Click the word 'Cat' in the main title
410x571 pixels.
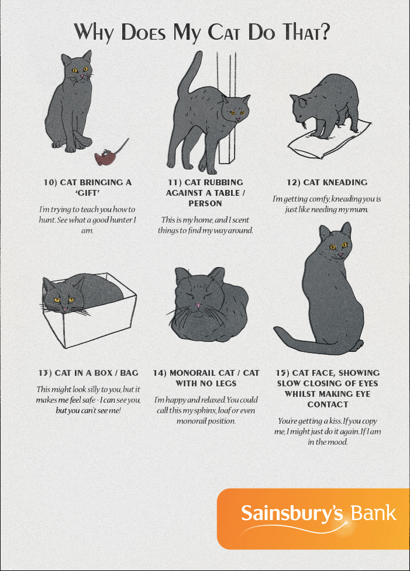[224, 32]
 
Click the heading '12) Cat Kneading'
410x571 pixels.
[327, 182]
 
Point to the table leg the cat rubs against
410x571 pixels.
[228, 109]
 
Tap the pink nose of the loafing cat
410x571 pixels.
[198, 305]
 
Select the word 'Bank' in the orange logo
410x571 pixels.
[373, 513]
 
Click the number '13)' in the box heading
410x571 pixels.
[45, 373]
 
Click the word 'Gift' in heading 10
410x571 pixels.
[88, 193]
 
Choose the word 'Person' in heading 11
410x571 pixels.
[205, 203]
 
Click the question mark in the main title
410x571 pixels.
[325, 32]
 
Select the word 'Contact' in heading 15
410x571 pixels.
[328, 404]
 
